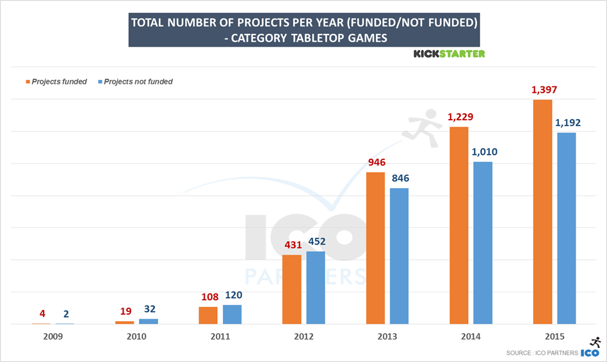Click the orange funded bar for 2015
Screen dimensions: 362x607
[542, 212]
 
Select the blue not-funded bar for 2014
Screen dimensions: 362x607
[483, 243]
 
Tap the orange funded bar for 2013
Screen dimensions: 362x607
[375, 248]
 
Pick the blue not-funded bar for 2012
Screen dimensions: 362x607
[316, 288]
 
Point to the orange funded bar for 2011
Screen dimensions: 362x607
[208, 315]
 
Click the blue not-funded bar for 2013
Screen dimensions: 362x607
[399, 256]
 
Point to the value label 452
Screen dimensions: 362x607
[316, 242]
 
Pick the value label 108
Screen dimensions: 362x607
[208, 297]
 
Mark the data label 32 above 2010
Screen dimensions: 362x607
[149, 309]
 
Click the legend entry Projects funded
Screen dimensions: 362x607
[58, 82]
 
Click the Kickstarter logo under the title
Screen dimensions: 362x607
[449, 54]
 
